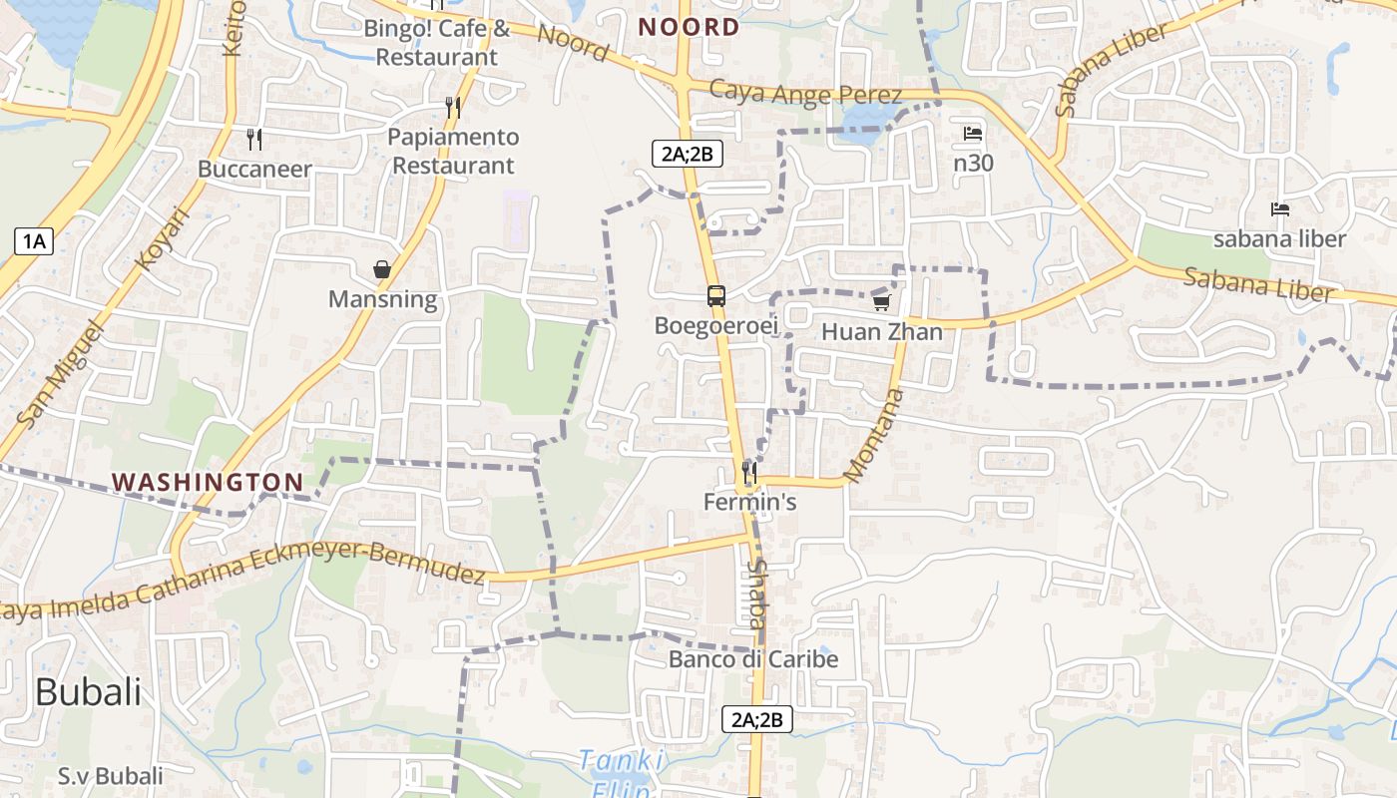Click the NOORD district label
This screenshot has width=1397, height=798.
[x=689, y=27]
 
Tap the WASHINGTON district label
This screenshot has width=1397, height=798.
[x=208, y=482]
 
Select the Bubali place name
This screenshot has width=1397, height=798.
[x=89, y=691]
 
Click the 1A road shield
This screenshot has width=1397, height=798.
[x=34, y=240]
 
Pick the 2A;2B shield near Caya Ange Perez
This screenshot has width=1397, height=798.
[x=687, y=154]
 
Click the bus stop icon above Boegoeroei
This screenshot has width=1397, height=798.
[x=716, y=296]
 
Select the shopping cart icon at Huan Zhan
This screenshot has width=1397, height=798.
[x=881, y=302]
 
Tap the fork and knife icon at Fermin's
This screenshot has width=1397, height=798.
[x=749, y=472]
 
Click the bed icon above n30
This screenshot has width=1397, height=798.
[x=973, y=134]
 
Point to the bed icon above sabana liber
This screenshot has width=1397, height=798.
[x=1280, y=209]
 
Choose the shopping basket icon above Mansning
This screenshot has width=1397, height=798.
[x=382, y=269]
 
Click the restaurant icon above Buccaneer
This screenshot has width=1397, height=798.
[x=254, y=140]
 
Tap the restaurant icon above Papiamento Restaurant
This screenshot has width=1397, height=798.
[x=453, y=108]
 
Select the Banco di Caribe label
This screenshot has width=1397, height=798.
[x=753, y=659]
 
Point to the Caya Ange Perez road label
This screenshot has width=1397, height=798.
[x=805, y=94]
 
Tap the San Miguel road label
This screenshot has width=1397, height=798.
[x=61, y=373]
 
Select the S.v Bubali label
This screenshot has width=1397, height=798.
[x=110, y=776]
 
